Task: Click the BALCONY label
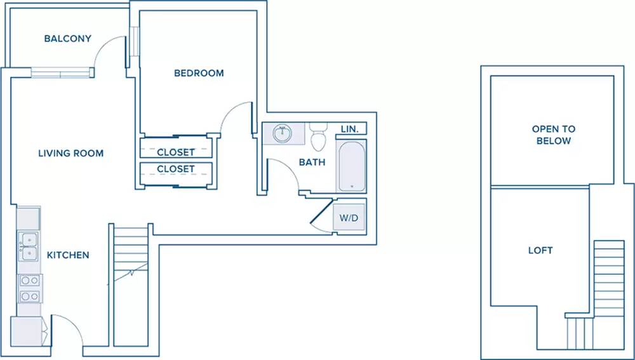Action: click(68, 39)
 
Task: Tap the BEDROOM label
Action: click(199, 73)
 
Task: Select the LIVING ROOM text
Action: click(71, 154)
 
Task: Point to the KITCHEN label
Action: click(68, 255)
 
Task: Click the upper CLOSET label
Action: click(176, 152)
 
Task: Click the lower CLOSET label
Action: click(176, 169)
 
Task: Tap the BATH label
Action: click(312, 163)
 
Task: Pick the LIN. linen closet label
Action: click(350, 129)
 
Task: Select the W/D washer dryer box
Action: click(349, 218)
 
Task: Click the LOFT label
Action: click(540, 250)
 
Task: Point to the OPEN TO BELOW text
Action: click(554, 135)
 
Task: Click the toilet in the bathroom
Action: click(318, 136)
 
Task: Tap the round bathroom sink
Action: click(283, 133)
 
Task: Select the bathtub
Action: click(352, 166)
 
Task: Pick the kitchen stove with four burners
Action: click(30, 289)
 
